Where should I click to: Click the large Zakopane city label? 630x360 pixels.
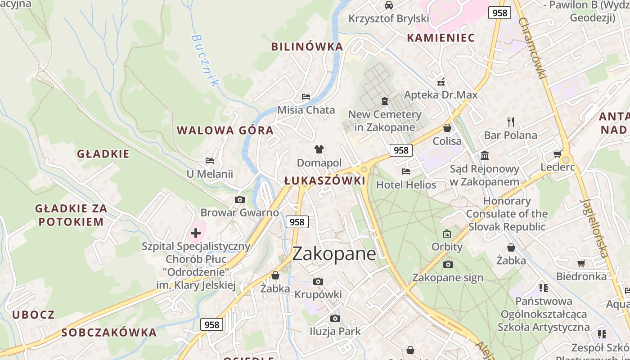[334, 254]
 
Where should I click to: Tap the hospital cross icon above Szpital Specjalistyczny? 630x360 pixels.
[196, 233]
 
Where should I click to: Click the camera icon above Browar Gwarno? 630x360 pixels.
[240, 199]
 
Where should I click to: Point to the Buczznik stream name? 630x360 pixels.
[205, 60]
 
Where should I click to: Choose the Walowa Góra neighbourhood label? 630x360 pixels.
[225, 130]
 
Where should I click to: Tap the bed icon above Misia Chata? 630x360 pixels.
[306, 96]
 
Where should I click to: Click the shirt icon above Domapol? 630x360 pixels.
[319, 149]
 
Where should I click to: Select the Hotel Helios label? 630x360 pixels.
[406, 184]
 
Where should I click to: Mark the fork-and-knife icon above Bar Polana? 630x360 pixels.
[510, 121]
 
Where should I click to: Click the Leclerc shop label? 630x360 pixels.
[558, 167]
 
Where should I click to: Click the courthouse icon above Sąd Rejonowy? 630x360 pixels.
[485, 156]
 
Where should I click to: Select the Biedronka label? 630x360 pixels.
[581, 276]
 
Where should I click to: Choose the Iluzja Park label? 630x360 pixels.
[335, 332]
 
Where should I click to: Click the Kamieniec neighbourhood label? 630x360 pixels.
[441, 38]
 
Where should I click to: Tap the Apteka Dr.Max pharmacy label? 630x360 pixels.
[441, 95]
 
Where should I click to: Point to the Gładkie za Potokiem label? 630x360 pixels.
[71, 215]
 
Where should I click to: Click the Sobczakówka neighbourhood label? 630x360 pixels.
[109, 333]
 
